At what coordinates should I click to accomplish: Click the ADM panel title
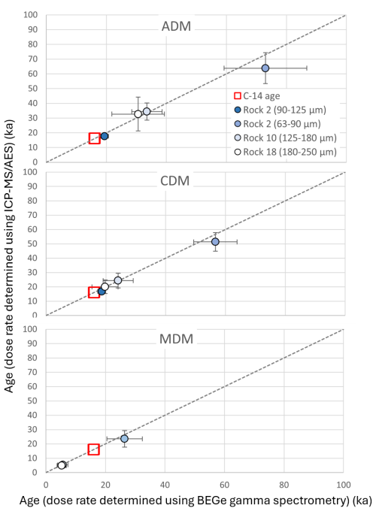click(177, 27)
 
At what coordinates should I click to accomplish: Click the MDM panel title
click(177, 338)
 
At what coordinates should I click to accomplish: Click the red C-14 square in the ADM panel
click(94, 138)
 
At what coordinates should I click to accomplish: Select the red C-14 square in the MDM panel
click(94, 449)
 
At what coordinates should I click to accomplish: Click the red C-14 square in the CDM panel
click(94, 292)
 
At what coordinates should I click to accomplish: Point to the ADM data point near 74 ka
click(265, 68)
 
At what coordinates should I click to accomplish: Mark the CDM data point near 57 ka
click(215, 242)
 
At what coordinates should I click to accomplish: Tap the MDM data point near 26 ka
click(124, 438)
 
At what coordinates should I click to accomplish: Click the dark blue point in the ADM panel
click(105, 136)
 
